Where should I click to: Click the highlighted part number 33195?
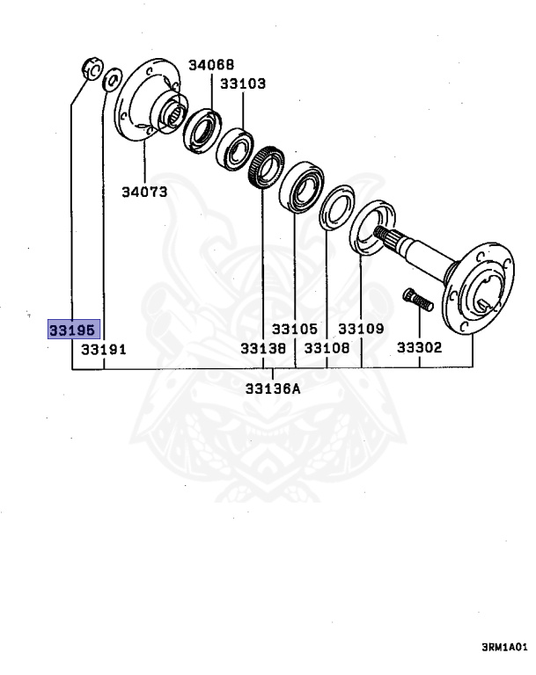pyautogui.click(x=75, y=330)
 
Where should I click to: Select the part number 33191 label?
pyautogui.click(x=104, y=349)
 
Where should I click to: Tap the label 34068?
pyautogui.click(x=211, y=66)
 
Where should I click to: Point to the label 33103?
pyautogui.click(x=243, y=84)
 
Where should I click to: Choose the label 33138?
pyautogui.click(x=263, y=349)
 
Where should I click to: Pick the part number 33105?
pyautogui.click(x=294, y=330)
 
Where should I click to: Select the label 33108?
pyautogui.click(x=327, y=349)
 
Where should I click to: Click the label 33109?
pyautogui.click(x=361, y=330)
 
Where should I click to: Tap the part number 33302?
pyautogui.click(x=419, y=349)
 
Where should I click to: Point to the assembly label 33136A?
pyautogui.click(x=272, y=387)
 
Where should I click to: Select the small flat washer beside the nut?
pyautogui.click(x=111, y=83)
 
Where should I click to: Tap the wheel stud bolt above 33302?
pyautogui.click(x=416, y=301)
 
